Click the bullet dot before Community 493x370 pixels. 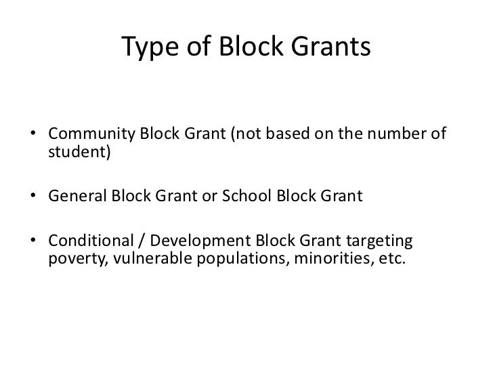(x=34, y=133)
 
